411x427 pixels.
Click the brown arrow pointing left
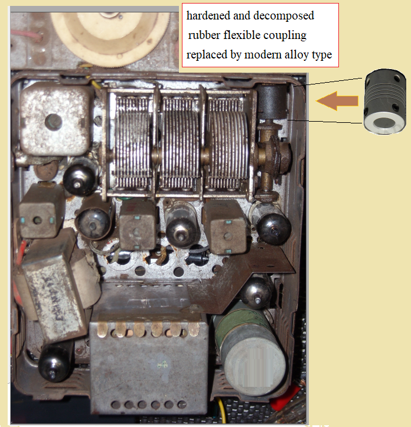(x=337, y=101)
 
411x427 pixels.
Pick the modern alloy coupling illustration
(x=384, y=102)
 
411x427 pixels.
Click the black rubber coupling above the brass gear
(x=272, y=102)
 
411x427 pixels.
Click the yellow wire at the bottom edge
(x=223, y=411)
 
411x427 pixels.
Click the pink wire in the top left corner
(x=27, y=36)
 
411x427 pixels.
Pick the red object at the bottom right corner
(x=285, y=397)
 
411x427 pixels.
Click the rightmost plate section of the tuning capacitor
(x=229, y=144)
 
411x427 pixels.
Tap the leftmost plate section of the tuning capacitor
(x=133, y=144)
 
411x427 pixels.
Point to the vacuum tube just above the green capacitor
(x=256, y=292)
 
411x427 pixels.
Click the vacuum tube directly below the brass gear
(x=271, y=223)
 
